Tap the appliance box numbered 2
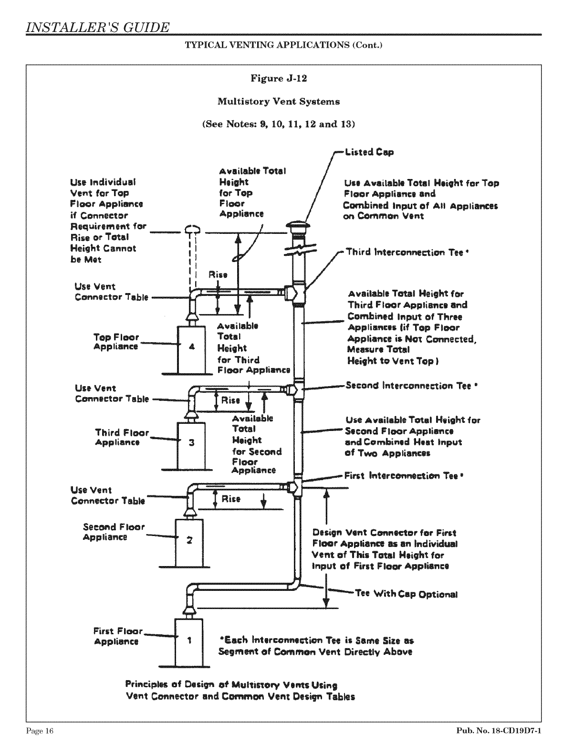click(189, 541)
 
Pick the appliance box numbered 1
click(189, 641)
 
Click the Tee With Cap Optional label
click(406, 594)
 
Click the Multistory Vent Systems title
click(279, 101)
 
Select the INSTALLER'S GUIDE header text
click(98, 27)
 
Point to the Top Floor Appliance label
click(116, 342)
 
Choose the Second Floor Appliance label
click(113, 532)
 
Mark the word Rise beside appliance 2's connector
click(231, 499)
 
